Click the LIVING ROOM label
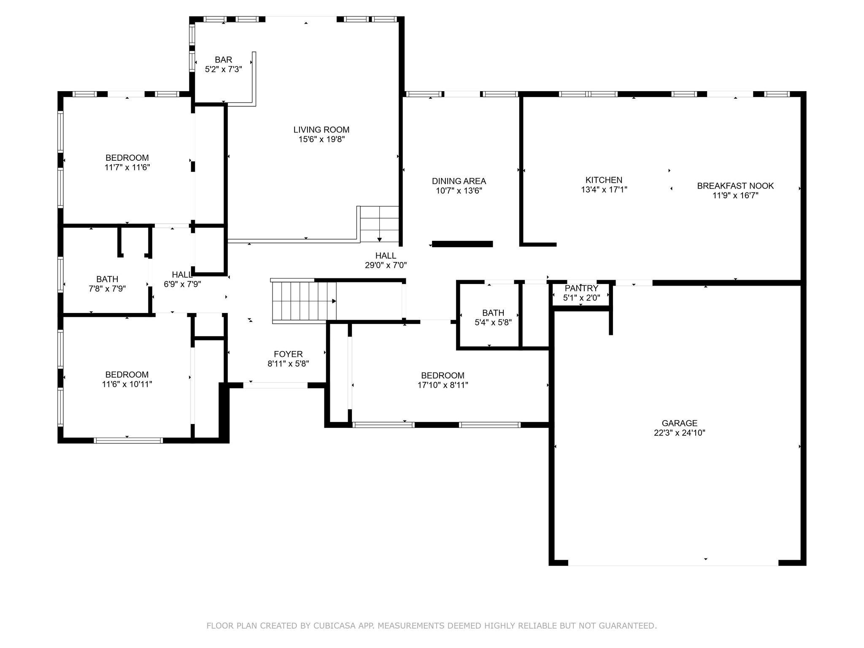[321, 130]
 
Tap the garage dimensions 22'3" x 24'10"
[679, 433]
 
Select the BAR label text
[223, 60]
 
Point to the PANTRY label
[581, 288]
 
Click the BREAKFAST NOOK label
[735, 186]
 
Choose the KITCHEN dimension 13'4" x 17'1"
[604, 190]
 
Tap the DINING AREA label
[459, 181]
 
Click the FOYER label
[288, 354]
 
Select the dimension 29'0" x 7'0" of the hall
[386, 265]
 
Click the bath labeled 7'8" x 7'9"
[107, 284]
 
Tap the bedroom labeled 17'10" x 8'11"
[443, 380]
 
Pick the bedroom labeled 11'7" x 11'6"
[127, 162]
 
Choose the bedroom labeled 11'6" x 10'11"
[127, 379]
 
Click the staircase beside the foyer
[304, 301]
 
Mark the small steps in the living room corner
[379, 224]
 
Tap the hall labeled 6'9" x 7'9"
[182, 280]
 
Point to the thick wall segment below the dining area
[462, 244]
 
